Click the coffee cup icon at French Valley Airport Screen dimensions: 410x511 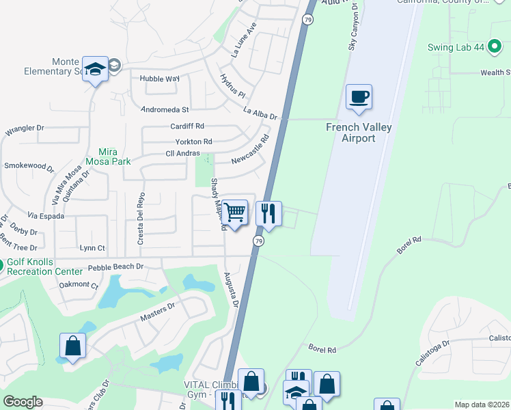coord(359,96)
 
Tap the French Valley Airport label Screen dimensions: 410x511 coord(350,133)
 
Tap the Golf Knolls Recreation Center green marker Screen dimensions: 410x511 coord(1,264)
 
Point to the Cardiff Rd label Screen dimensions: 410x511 coord(187,126)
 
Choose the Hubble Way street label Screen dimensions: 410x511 coord(159,79)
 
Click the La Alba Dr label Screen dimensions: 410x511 coord(260,113)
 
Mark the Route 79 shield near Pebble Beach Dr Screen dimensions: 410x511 coord(258,241)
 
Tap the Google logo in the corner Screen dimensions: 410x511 coord(23,402)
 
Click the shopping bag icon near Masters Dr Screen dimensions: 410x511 coord(72,346)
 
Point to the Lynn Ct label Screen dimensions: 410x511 coord(92,248)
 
